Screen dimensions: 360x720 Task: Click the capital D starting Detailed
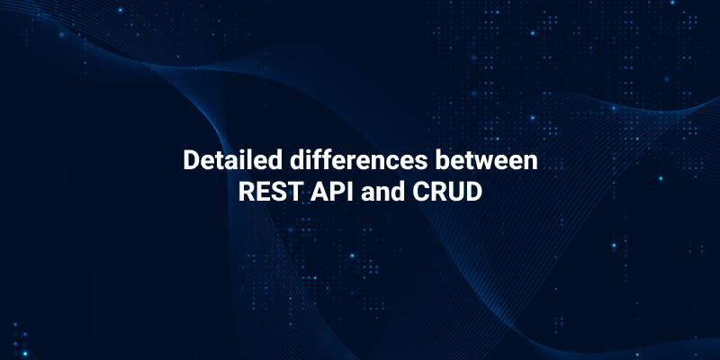[x=190, y=161]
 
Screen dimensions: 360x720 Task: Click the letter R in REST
[x=244, y=193]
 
